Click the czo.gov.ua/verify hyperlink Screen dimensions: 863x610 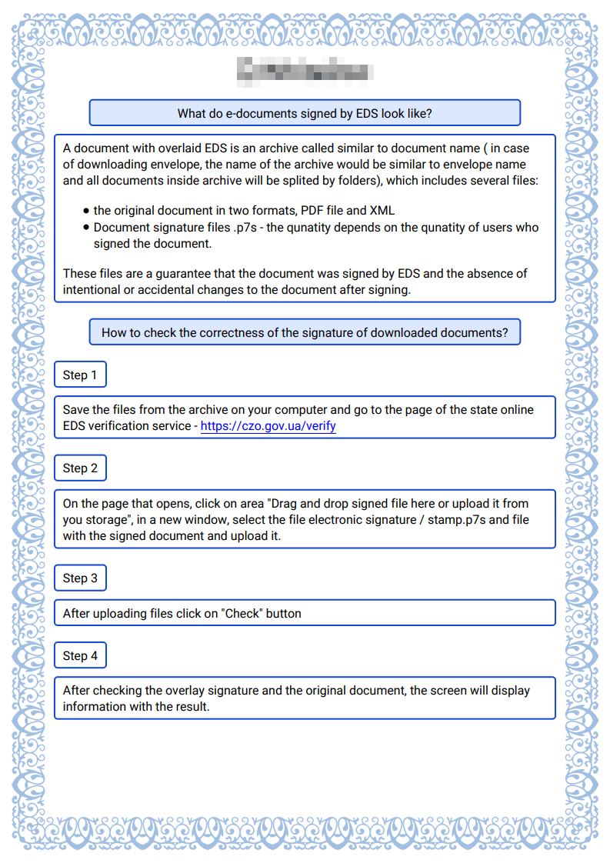click(268, 425)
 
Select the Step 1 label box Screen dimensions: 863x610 click(80, 375)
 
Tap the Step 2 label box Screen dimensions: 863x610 click(80, 468)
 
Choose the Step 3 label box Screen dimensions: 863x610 click(80, 578)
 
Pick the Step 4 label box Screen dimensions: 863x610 click(80, 656)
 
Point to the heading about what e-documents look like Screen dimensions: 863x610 click(305, 113)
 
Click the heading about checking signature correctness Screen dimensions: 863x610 click(305, 333)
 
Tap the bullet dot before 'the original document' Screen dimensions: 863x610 click(86, 211)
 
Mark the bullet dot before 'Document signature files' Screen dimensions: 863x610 click(86, 228)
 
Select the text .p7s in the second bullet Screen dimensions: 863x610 click(245, 228)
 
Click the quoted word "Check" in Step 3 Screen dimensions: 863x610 click(242, 614)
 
